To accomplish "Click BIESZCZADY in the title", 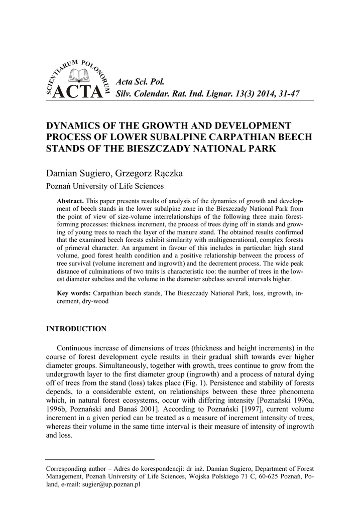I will (x=174, y=149).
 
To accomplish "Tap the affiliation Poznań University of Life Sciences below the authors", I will (x=105, y=186).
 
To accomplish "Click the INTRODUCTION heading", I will (x=76, y=329).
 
